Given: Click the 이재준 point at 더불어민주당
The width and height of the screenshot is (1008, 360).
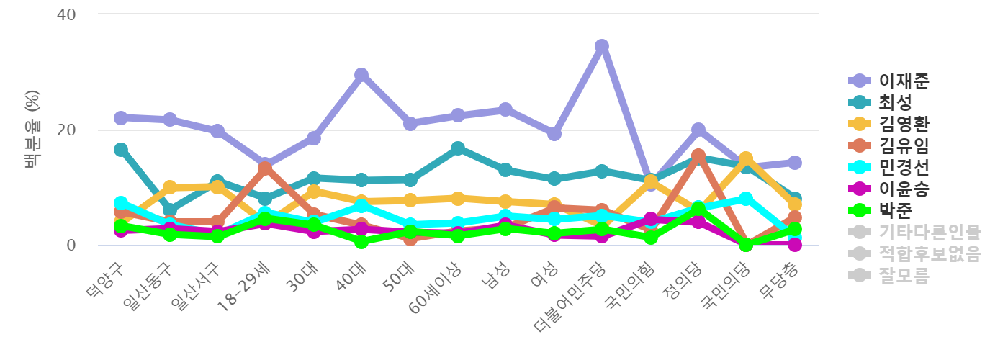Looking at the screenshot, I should click(602, 46).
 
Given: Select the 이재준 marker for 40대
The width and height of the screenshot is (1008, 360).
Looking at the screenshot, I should click(361, 75).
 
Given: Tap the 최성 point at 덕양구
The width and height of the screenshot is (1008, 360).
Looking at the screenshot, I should click(121, 150).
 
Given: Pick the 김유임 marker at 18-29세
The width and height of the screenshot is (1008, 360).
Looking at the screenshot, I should click(265, 168).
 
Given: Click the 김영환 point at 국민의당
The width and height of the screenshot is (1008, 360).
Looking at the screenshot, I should click(746, 158).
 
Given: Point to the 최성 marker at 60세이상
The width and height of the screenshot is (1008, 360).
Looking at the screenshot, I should click(458, 148).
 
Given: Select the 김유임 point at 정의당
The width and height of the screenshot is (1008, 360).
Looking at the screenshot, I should click(698, 156).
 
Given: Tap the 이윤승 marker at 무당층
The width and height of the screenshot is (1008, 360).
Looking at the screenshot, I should click(794, 245).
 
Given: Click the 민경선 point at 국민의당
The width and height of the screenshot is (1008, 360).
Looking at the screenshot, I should click(746, 199).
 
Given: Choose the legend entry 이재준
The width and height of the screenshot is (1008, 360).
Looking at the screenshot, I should click(904, 81).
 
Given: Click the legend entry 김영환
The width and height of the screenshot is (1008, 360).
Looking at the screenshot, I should click(904, 124).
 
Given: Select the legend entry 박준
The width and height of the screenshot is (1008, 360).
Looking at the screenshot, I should click(895, 210).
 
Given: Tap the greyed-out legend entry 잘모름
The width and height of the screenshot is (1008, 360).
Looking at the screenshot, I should click(904, 275).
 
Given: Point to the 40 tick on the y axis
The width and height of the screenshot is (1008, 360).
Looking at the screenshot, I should click(66, 14).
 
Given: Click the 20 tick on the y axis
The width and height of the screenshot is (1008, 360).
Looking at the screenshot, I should click(66, 130).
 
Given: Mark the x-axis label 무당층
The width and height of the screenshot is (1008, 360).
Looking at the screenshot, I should click(779, 283).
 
